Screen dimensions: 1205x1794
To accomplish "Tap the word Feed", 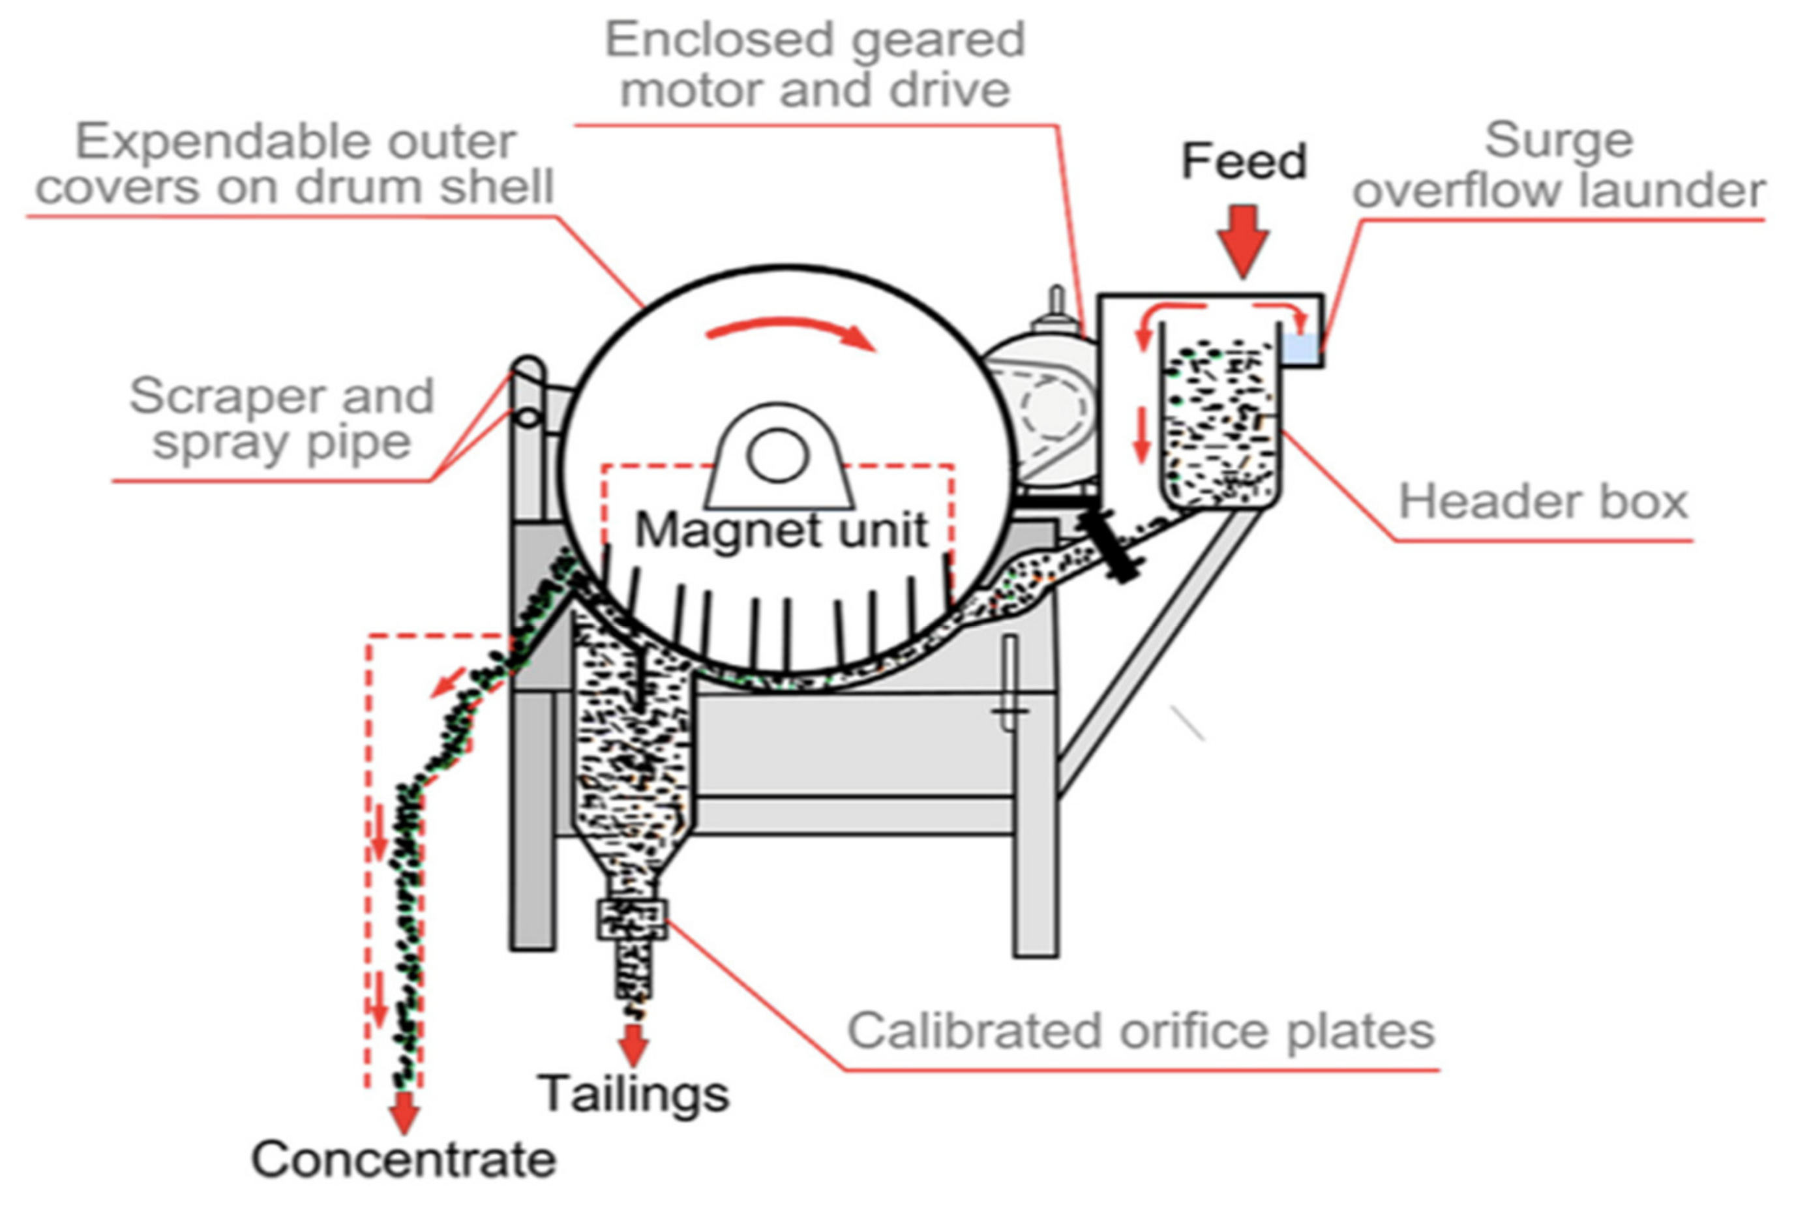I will coord(1244,162).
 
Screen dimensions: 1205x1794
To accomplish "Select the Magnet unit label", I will coord(781,530).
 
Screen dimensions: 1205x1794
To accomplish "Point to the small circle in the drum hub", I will coord(777,455).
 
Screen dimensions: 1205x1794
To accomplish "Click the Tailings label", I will coord(633,1093).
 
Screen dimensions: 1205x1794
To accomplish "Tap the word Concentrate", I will coord(404,1159).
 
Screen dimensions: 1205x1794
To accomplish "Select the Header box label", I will coord(1543,502).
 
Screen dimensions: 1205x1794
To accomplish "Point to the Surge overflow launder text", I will coord(1558,165).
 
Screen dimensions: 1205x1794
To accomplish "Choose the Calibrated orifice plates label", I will coord(1141,1030).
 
